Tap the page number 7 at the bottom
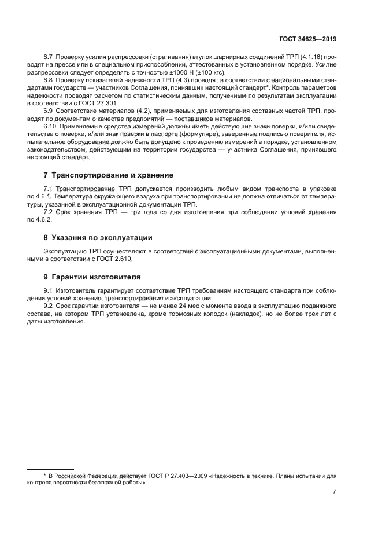tap(334, 491)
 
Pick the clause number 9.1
tap(49, 290)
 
